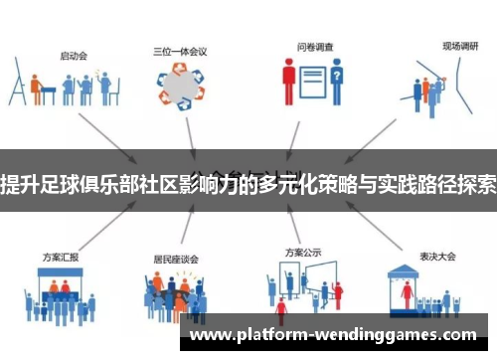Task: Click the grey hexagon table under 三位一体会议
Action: [x=182, y=87]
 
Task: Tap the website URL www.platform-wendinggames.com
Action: [x=333, y=335]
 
